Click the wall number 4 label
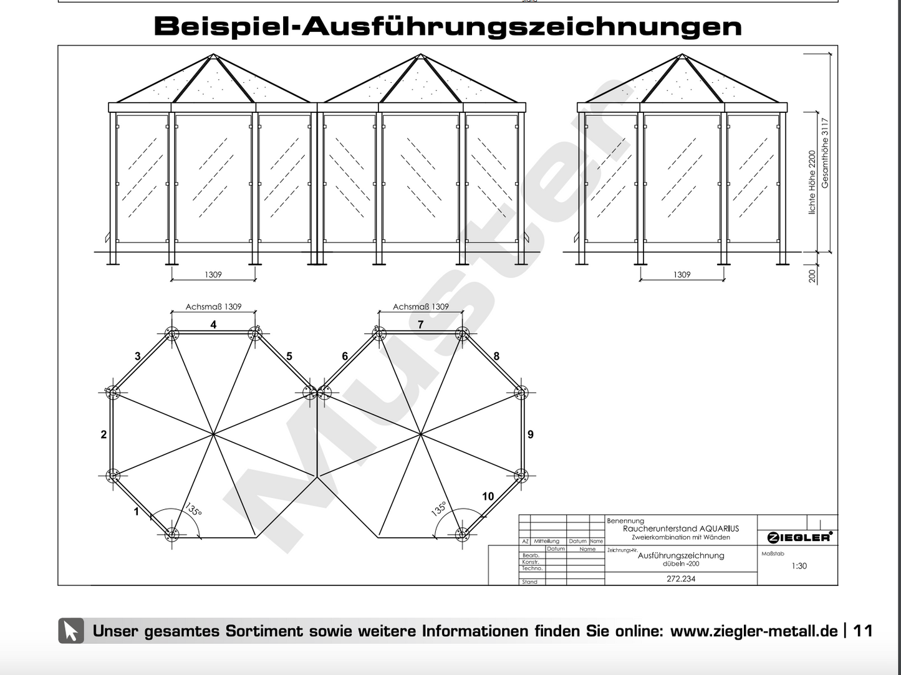coord(213,325)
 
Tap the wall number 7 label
coord(421,325)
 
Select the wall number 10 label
coord(488,496)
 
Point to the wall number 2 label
coord(104,434)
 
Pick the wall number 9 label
coord(531,434)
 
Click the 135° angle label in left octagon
coord(193,510)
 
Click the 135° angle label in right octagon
coord(439,509)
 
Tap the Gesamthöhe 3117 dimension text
coord(826,153)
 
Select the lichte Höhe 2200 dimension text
coord(812,182)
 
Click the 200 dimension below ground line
coord(812,275)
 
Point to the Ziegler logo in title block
coord(799,537)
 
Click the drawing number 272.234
coord(681,579)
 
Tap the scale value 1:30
coord(799,566)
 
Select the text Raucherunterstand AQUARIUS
coord(681,529)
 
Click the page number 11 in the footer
coord(862,631)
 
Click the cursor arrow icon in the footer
coord(71,631)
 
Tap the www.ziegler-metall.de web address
coord(753,631)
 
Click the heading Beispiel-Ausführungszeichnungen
coord(448,27)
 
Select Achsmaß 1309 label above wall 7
coord(421,307)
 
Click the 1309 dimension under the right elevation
coord(682,275)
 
